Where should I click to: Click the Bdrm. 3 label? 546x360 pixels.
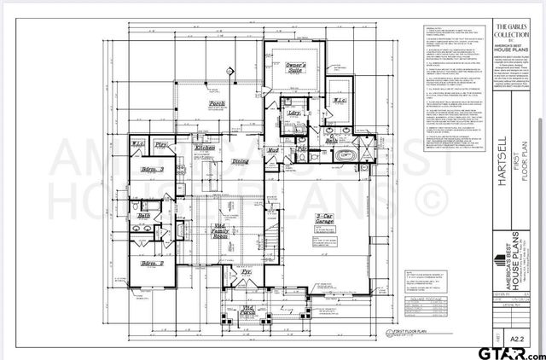152,170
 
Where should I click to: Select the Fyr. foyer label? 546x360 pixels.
247,272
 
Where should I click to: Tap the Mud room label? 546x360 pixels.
274,150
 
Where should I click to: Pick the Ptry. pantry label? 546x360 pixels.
160,146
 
